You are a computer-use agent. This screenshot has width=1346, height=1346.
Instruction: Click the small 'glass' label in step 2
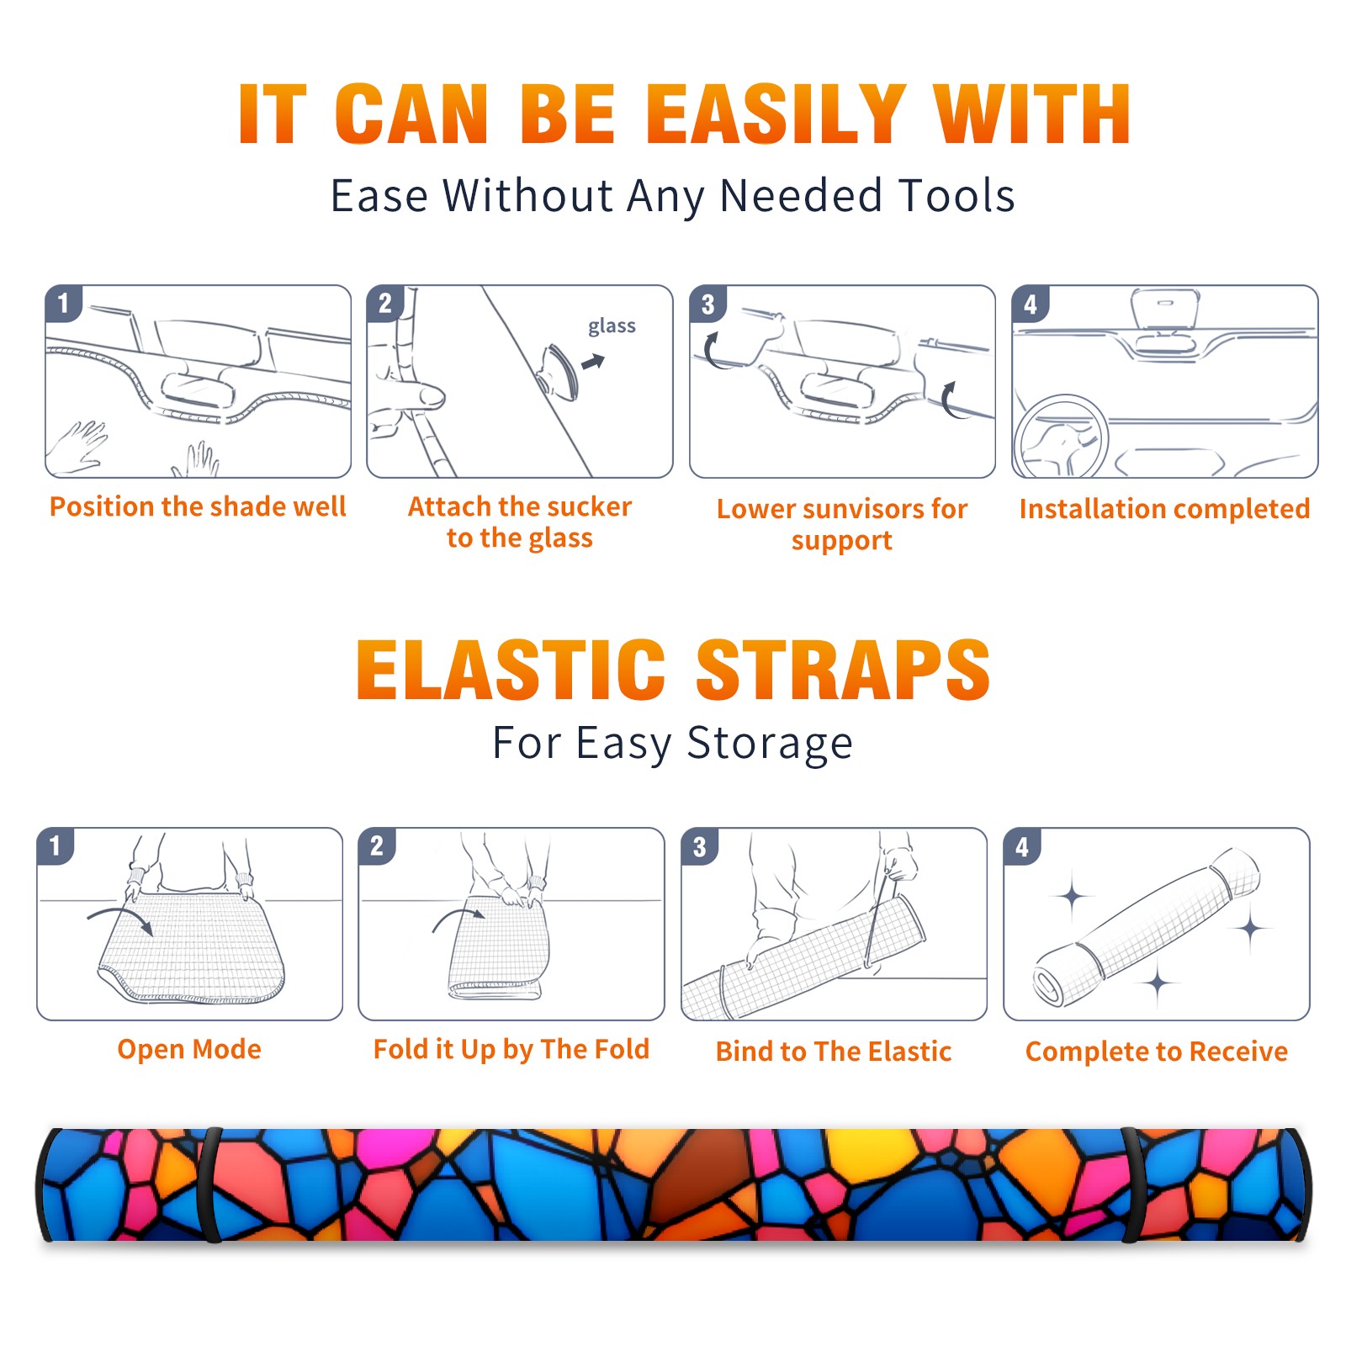click(x=612, y=326)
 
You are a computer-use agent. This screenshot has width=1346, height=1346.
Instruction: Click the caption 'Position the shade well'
click(x=198, y=506)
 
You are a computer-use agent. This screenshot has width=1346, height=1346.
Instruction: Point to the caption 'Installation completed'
click(x=1164, y=508)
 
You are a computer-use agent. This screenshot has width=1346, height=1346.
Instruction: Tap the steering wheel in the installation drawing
click(x=1061, y=437)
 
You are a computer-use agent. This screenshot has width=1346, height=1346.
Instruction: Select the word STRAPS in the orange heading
click(x=843, y=670)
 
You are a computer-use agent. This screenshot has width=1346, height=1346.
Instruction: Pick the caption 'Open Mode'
click(x=189, y=1049)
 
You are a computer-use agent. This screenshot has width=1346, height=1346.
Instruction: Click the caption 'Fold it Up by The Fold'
click(x=511, y=1050)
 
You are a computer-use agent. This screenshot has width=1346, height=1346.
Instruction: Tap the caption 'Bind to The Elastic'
click(x=834, y=1052)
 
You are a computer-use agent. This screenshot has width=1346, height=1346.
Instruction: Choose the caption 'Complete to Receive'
click(x=1157, y=1052)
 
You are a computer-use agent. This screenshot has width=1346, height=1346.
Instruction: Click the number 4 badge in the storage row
click(x=1022, y=846)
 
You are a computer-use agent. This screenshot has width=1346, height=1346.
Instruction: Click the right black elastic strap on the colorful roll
click(x=1131, y=1184)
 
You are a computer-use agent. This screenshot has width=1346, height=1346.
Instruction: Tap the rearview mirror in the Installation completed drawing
click(x=1165, y=309)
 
